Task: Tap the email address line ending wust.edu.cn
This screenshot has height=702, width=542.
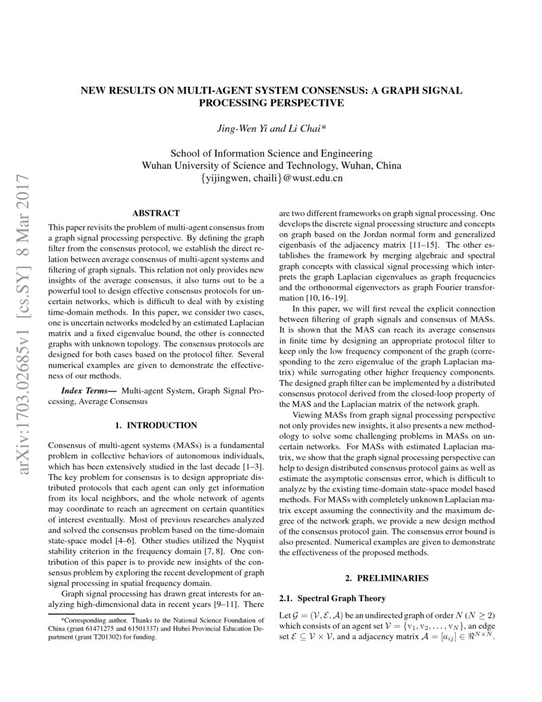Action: point(271,178)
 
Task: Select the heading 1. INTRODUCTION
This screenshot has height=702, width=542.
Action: point(156,425)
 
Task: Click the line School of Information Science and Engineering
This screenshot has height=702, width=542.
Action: point(271,153)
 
